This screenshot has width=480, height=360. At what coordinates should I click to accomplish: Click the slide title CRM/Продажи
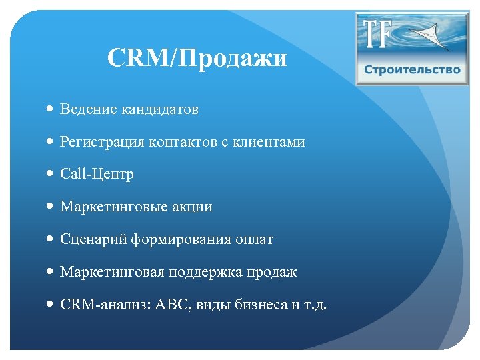pyautogui.click(x=197, y=59)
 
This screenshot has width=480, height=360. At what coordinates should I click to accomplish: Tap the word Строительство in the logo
pyautogui.click(x=412, y=70)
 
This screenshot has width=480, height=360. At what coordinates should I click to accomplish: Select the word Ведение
pyautogui.click(x=89, y=109)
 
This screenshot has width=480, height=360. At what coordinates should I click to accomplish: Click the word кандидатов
pyautogui.click(x=160, y=109)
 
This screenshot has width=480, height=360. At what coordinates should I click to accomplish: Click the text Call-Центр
pyautogui.click(x=97, y=174)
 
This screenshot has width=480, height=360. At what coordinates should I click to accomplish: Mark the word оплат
pyautogui.click(x=254, y=239)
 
